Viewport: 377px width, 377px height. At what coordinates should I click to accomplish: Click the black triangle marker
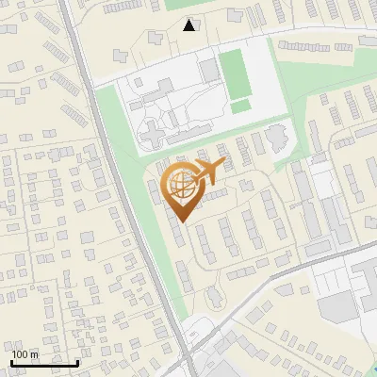189,25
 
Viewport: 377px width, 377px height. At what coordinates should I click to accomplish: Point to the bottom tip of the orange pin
180,222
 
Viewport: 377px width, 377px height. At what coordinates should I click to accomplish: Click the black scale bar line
44,362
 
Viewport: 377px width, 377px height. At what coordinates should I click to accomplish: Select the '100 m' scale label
26,354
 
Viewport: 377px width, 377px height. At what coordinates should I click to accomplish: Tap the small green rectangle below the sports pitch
241,107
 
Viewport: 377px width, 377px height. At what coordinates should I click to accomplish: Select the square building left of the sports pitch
209,70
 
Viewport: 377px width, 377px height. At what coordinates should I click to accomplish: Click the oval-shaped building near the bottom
215,296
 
